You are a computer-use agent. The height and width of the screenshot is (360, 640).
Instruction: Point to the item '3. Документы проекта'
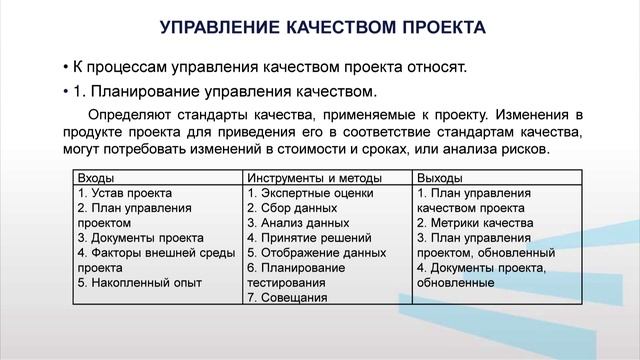[x=140, y=238]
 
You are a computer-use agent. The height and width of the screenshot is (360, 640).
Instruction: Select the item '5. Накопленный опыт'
[x=136, y=283]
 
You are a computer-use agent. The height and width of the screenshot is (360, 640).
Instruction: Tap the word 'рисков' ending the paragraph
[x=524, y=149]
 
